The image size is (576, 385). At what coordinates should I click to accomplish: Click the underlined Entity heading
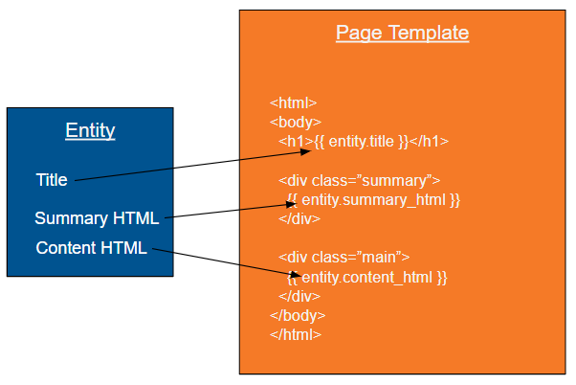[x=90, y=130]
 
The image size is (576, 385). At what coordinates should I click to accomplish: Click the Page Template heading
[x=402, y=34]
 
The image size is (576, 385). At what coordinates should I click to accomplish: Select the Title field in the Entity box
[x=52, y=180]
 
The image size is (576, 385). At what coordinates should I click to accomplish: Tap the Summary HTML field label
[x=97, y=218]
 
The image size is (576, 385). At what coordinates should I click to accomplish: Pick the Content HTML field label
[x=92, y=248]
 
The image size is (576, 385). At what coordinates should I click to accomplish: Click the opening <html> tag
[x=293, y=103]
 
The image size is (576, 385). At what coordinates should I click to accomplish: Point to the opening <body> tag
[x=296, y=122]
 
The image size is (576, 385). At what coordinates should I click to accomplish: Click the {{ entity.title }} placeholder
[x=362, y=142]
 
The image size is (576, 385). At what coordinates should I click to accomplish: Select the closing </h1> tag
[x=429, y=142]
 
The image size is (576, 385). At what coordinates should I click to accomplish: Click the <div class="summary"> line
[x=359, y=181]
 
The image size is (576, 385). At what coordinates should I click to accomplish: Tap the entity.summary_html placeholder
[x=373, y=200]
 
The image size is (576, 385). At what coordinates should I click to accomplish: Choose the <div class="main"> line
[x=343, y=258]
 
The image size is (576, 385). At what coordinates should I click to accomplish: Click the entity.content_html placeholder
[x=367, y=278]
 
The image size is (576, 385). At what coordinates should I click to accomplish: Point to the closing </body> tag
[x=298, y=316]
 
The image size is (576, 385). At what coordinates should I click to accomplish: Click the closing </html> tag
[x=296, y=335]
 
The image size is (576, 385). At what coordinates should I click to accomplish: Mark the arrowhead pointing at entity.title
[x=306, y=151]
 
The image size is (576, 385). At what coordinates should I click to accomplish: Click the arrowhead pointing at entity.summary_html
[x=292, y=204]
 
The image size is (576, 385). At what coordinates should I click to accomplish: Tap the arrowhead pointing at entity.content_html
[x=296, y=275]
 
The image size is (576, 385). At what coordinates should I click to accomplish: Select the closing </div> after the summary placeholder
[x=299, y=219]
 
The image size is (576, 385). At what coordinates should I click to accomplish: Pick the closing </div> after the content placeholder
[x=299, y=296]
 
